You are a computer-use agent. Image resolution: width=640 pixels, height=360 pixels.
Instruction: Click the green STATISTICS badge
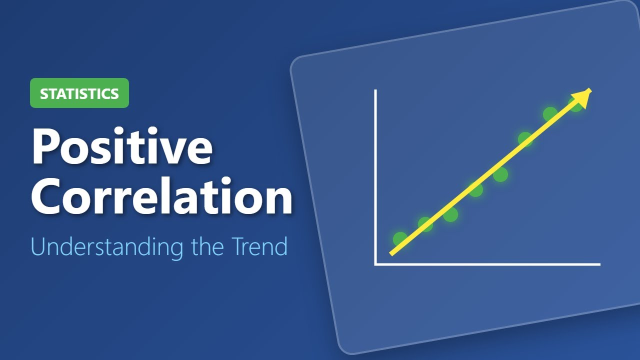coord(79,93)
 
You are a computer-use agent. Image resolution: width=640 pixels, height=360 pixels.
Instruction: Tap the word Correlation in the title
coord(161,195)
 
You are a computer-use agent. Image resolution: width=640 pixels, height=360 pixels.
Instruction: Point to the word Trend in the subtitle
coord(259,246)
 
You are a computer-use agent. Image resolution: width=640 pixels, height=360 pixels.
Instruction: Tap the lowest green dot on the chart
coord(400,239)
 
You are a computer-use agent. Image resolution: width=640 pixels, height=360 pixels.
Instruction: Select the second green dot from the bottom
coord(425,224)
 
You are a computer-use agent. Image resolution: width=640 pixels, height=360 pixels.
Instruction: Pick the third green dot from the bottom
coord(450,214)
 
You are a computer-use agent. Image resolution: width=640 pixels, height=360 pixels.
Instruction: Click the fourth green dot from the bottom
coord(475,189)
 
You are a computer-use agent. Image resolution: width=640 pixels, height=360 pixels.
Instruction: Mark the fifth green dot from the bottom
coord(500,174)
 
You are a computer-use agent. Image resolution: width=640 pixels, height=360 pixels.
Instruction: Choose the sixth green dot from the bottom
coord(525,139)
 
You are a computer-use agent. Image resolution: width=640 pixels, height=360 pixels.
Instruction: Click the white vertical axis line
coord(375,177)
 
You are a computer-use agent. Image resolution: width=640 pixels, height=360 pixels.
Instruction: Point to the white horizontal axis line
coord(487,264)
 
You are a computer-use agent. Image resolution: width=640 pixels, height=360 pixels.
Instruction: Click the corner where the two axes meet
coord(375,264)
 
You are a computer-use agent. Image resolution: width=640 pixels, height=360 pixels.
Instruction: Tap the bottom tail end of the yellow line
coord(391,254)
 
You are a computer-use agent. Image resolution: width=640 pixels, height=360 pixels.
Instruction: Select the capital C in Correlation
coord(47,196)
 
